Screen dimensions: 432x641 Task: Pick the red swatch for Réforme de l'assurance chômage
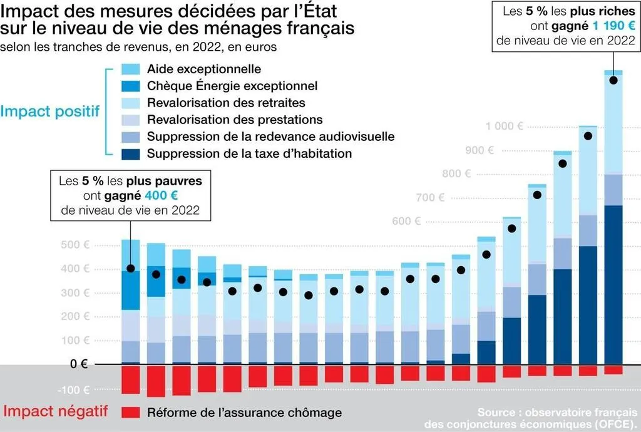click(130, 413)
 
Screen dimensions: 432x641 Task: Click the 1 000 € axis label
click(504, 126)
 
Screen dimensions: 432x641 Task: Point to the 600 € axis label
click(406, 221)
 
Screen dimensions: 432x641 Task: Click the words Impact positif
click(50, 111)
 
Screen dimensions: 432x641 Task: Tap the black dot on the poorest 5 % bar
click(130, 269)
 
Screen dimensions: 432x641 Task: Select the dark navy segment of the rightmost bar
click(613, 285)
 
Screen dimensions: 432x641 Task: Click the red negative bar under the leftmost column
click(130, 380)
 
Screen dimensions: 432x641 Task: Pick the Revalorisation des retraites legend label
click(226, 103)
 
